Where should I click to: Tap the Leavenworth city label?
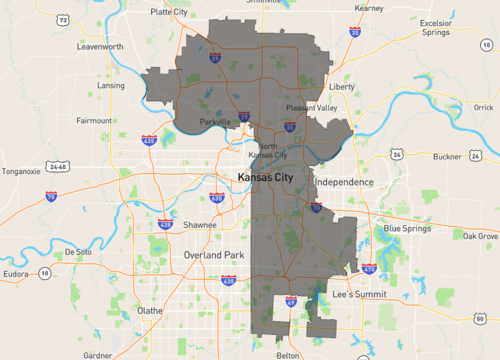100,46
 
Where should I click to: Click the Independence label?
343,183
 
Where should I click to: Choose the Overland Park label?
214,255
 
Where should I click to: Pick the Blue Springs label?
406,229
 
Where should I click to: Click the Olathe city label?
149,311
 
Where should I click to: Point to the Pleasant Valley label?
312,108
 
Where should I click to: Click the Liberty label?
342,87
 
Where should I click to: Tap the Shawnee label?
200,225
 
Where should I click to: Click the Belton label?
287,354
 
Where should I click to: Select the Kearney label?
369,8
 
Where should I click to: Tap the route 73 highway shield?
63,19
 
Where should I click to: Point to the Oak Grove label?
481,236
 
